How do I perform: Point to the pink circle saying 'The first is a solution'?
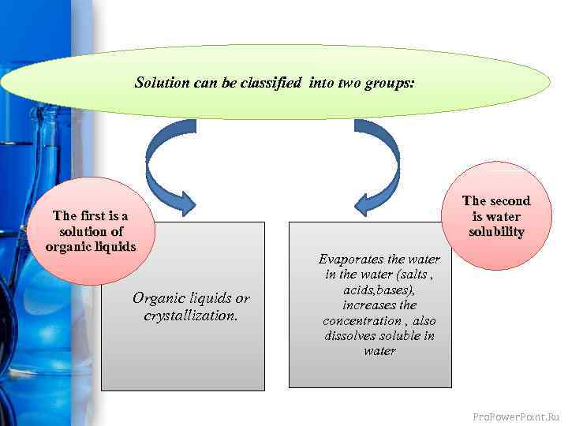[91, 231]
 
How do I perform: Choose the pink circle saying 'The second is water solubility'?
[496, 216]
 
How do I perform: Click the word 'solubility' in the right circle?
[496, 232]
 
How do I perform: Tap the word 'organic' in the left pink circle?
[72, 245]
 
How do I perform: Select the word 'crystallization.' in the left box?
[191, 316]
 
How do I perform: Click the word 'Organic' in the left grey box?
[159, 299]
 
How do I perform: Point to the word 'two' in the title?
[350, 82]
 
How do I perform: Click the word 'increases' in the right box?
[368, 305]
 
